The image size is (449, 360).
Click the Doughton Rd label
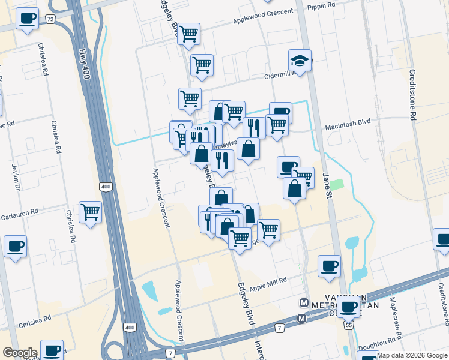pos(376,347)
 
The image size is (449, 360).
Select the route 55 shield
pos(348,325)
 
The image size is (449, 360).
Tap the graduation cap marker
pos(300,60)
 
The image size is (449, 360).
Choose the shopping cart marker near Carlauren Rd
pos(90,211)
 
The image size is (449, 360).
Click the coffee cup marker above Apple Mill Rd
pos(328,265)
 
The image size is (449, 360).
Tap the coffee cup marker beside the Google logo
pos(52,349)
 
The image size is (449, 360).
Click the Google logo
pos(20,353)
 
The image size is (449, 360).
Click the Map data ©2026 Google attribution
pos(411,355)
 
